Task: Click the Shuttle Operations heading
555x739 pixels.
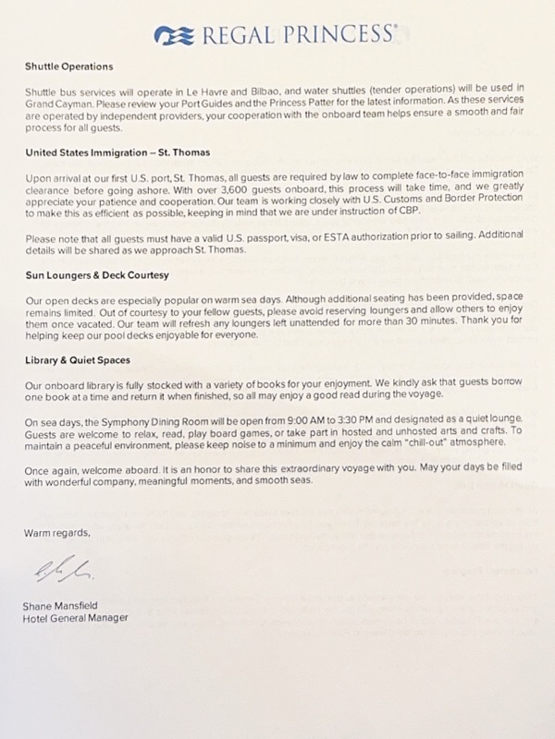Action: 68,67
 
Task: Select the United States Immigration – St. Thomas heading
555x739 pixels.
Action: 117,152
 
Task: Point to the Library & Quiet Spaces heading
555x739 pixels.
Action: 78,359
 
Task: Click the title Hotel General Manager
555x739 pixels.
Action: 75,618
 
